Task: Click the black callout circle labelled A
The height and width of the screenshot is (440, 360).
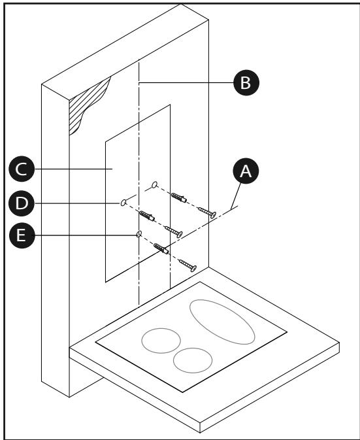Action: pos(246,171)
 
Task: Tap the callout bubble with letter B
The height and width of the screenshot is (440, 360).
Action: pos(246,83)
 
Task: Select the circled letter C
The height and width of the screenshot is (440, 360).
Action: pos(22,169)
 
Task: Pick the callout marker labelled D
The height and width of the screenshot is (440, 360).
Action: pos(22,203)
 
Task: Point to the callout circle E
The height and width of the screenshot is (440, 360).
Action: pos(22,235)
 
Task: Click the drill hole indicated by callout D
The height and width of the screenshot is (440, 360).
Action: pos(123,202)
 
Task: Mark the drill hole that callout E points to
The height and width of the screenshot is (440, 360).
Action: pos(139,233)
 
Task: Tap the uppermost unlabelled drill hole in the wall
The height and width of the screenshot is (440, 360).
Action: pos(154,185)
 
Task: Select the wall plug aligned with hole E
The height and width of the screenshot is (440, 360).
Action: pos(161,248)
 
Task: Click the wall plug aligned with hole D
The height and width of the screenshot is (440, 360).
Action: pos(147,216)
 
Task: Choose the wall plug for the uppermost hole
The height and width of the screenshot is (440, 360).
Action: pos(179,197)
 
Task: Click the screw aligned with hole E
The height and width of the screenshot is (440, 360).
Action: pos(188,265)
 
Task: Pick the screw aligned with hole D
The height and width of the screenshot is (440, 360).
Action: pos(174,232)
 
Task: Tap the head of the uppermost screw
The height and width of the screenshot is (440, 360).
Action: pos(213,215)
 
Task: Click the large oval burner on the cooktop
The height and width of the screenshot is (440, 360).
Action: pos(222,322)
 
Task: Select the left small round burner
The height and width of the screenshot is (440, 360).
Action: pos(161,341)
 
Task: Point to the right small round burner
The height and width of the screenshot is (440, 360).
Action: pos(193,361)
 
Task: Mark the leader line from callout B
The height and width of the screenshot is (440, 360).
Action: pos(186,83)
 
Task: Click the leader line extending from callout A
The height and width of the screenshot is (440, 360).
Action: pos(236,196)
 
